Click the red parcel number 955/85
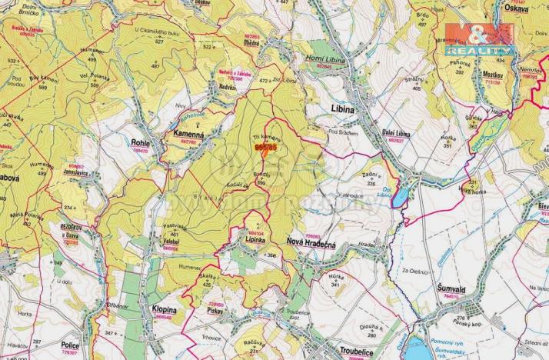click(x=265, y=148)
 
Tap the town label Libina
click(x=342, y=110)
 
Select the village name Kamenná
click(x=185, y=134)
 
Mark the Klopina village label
click(x=159, y=309)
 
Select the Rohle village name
click(x=140, y=142)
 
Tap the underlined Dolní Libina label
click(x=396, y=133)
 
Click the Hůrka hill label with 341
click(x=334, y=279)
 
